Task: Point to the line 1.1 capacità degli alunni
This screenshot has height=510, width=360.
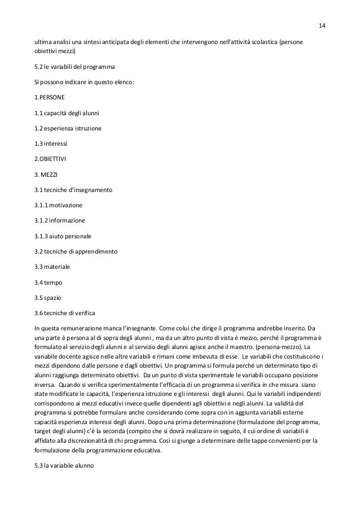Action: coord(67,112)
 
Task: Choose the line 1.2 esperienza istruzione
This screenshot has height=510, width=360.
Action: coord(68,128)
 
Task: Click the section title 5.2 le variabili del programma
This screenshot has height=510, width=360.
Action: coord(74,67)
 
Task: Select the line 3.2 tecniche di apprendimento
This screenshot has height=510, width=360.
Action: coord(76,251)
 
